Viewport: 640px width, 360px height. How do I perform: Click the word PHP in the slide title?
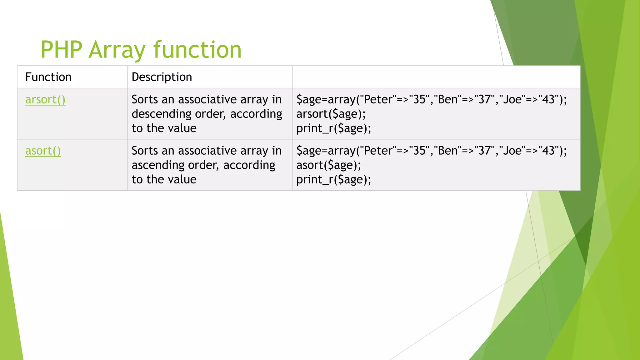(x=62, y=50)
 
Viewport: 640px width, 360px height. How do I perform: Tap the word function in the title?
(x=197, y=50)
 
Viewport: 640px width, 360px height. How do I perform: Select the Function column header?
(x=48, y=77)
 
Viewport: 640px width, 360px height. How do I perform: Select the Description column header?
(x=162, y=77)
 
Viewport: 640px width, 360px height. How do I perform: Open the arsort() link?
(x=45, y=100)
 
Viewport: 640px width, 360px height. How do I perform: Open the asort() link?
(x=43, y=151)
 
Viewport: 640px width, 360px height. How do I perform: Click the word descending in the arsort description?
(x=161, y=114)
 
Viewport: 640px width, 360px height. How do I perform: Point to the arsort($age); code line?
(x=331, y=114)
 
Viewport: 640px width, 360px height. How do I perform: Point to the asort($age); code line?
(x=328, y=165)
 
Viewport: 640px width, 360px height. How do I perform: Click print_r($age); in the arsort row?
(x=333, y=128)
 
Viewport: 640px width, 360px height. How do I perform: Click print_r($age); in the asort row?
(x=333, y=180)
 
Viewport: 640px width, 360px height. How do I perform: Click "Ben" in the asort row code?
(x=447, y=151)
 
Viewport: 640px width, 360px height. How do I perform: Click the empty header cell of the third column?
(x=436, y=77)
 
